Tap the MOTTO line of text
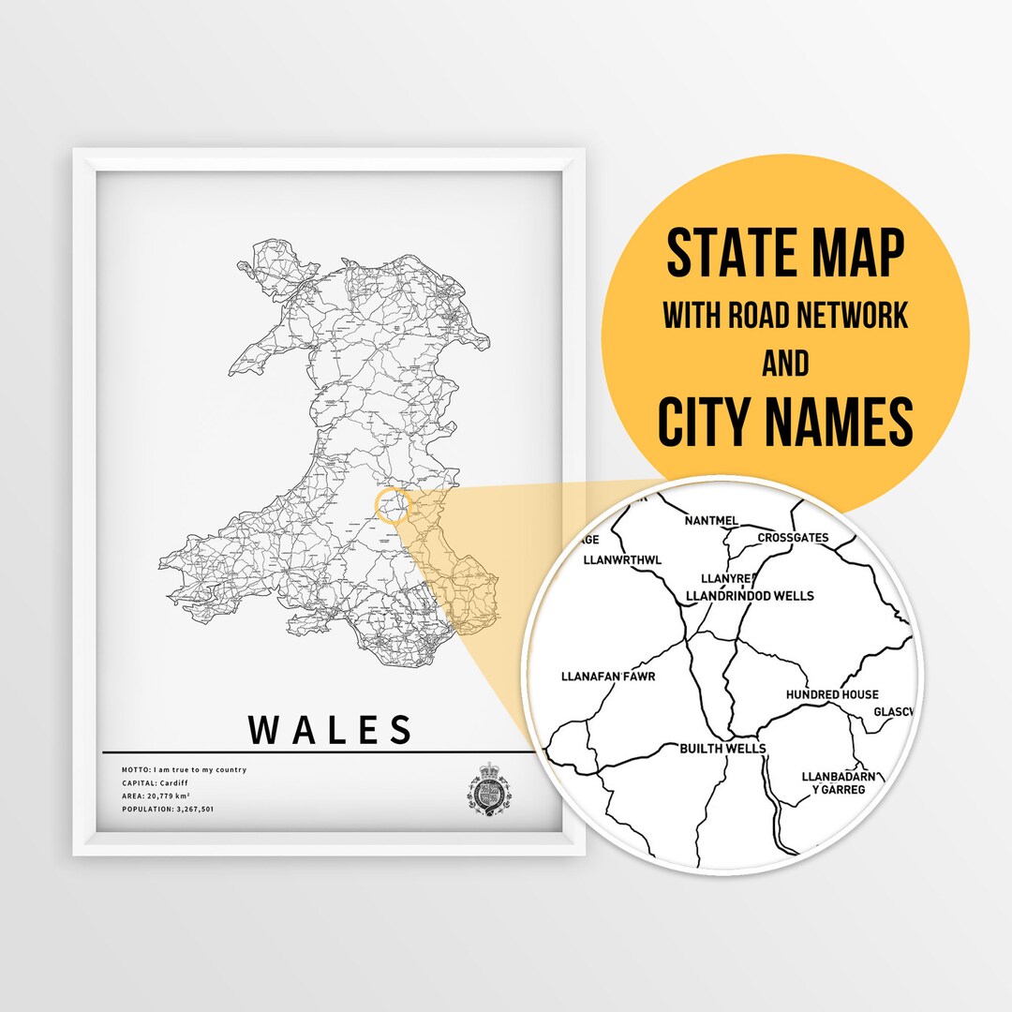(x=184, y=769)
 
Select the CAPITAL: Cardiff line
(x=156, y=782)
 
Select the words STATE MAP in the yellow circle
(x=785, y=253)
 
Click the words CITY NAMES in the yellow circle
(x=785, y=422)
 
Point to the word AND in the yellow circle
(x=785, y=363)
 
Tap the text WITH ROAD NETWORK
(x=785, y=316)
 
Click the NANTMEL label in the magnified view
(x=712, y=521)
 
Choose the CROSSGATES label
(x=793, y=538)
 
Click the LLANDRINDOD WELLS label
(x=750, y=596)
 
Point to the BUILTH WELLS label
(x=722, y=749)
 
